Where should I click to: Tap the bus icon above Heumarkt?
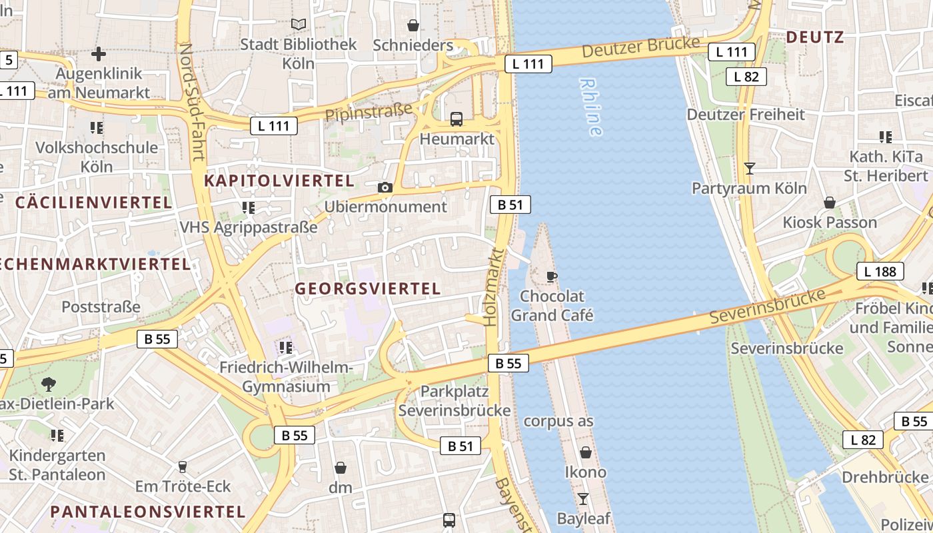coord(457,119)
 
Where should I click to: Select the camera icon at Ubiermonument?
coord(385,188)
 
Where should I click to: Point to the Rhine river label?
coord(591,107)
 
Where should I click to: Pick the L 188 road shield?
coord(880,271)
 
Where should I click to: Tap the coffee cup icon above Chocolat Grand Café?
coord(551,276)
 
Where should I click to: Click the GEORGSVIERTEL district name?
coord(368,288)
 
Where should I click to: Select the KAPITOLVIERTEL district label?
coord(279,181)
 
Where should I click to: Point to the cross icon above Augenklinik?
coord(99,53)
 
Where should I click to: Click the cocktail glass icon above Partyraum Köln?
coord(750,168)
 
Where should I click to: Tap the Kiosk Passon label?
coord(830,222)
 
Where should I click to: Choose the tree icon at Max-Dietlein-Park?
coord(48,384)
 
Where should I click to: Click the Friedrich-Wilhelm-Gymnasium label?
coord(286,376)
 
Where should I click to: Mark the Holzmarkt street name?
coord(493,286)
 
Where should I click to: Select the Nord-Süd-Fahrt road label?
coord(191,103)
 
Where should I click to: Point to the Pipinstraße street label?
coord(369,111)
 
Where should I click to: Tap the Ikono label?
coord(586,472)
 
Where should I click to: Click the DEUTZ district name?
coord(815,37)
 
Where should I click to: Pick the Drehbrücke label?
coord(884,477)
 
